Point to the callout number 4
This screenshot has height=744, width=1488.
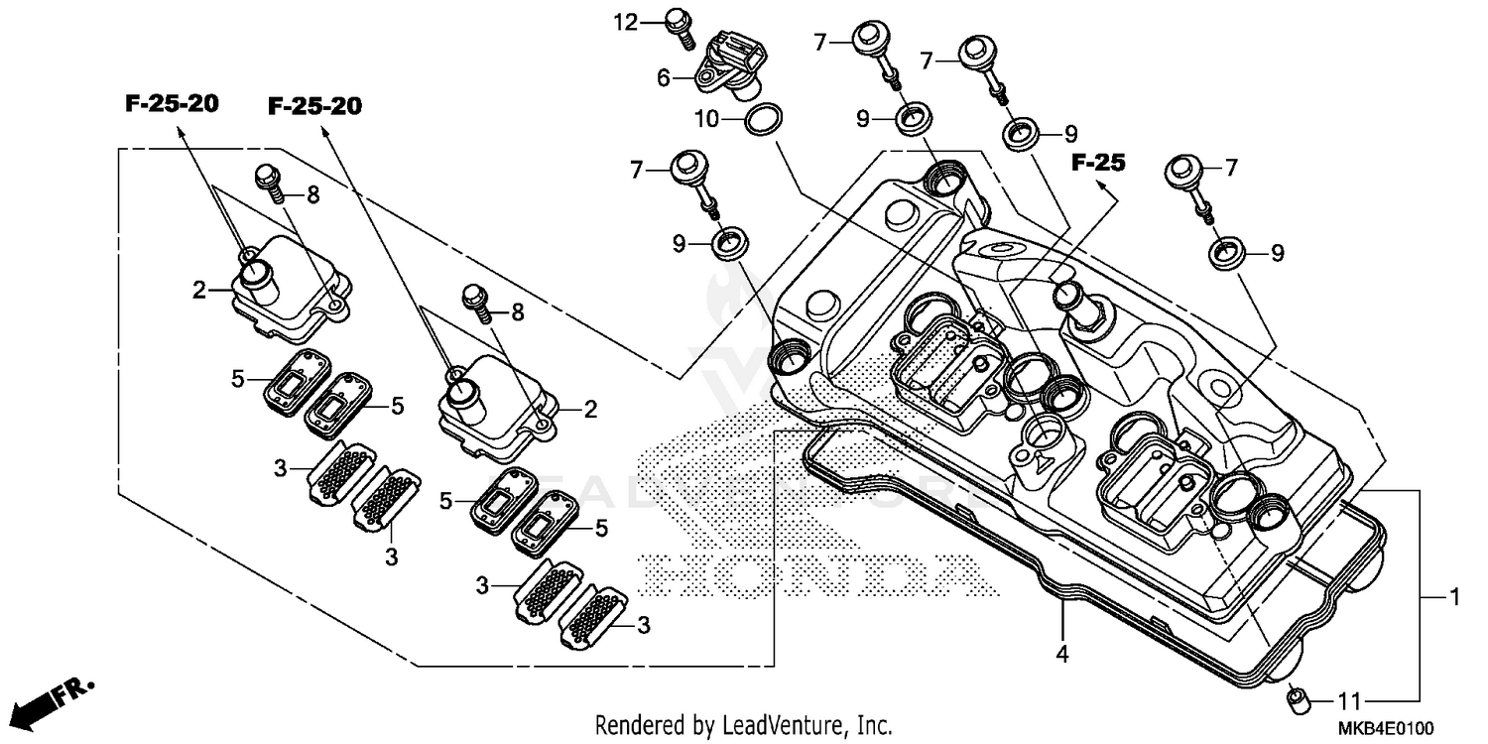(x=1062, y=655)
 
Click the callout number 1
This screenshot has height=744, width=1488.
(x=1453, y=597)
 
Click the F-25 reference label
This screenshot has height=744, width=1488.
(x=1098, y=164)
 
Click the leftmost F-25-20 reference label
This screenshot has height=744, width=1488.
(x=172, y=104)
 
